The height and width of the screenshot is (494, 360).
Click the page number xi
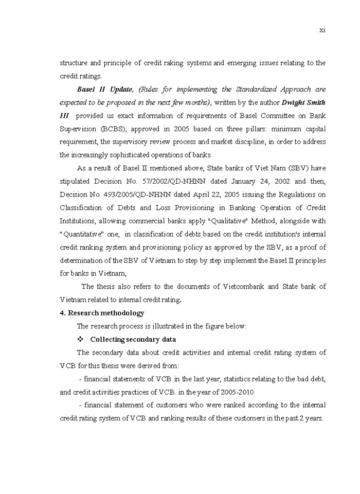point(322,30)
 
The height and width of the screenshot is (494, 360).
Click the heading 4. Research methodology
point(102,313)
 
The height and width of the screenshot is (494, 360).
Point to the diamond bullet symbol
point(80,340)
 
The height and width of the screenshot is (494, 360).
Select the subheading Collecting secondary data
point(133,340)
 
